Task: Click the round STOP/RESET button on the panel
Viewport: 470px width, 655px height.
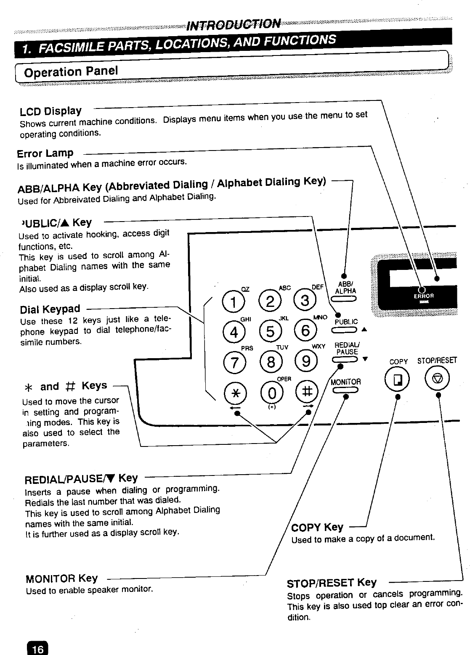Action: pos(438,380)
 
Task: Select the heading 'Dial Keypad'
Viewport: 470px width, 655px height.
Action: pos(50,310)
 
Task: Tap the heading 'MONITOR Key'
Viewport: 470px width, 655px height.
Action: pos(61,579)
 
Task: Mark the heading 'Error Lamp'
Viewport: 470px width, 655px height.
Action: pos(45,153)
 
